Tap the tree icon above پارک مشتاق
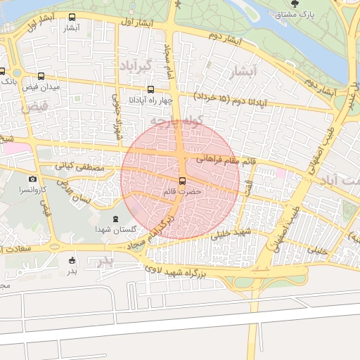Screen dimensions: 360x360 click(x=304, y=4)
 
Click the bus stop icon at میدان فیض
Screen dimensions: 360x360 click(x=40, y=77)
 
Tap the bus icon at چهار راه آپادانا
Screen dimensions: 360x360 click(x=150, y=89)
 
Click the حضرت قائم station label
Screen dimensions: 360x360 click(x=182, y=191)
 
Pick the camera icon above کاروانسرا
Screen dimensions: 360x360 click(x=32, y=179)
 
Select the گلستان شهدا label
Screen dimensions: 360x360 click(x=116, y=231)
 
